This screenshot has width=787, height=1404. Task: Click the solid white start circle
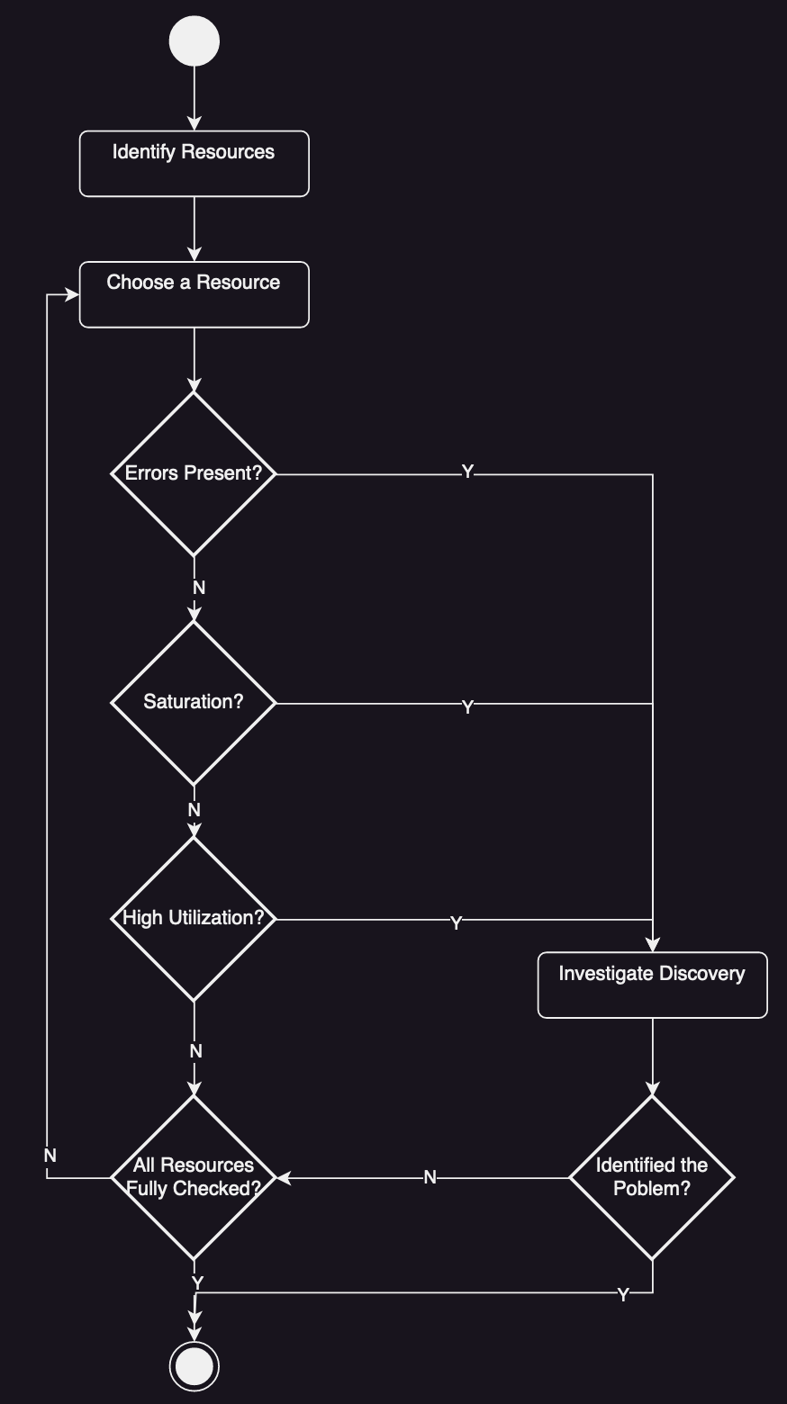coord(194,41)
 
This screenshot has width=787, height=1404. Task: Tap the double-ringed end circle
coord(194,1366)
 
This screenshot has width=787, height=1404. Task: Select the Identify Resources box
coord(194,164)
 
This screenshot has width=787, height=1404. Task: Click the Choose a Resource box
coord(194,294)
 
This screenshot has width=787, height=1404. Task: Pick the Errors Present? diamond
coord(194,473)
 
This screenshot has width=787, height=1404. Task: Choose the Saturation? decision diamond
coord(194,703)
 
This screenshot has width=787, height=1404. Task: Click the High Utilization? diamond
coord(194,919)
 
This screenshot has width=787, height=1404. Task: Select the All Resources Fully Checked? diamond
coord(194,1177)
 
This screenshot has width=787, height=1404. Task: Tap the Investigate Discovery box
coord(652,985)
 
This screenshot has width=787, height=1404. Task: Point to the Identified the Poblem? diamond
coord(652,1177)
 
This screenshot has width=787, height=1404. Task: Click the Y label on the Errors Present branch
coord(467,472)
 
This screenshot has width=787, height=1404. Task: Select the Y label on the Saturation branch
coord(467,707)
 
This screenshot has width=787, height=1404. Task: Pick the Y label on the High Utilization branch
coord(456,923)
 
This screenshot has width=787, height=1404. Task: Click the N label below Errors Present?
coord(199,588)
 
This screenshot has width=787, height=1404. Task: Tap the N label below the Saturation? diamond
coord(194,810)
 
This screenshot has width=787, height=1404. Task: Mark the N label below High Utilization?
coord(196,1051)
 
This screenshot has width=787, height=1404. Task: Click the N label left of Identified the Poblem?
coord(430,1177)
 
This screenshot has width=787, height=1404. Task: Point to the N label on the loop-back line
coord(50,1155)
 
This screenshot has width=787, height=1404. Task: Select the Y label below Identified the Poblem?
coord(623,1295)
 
